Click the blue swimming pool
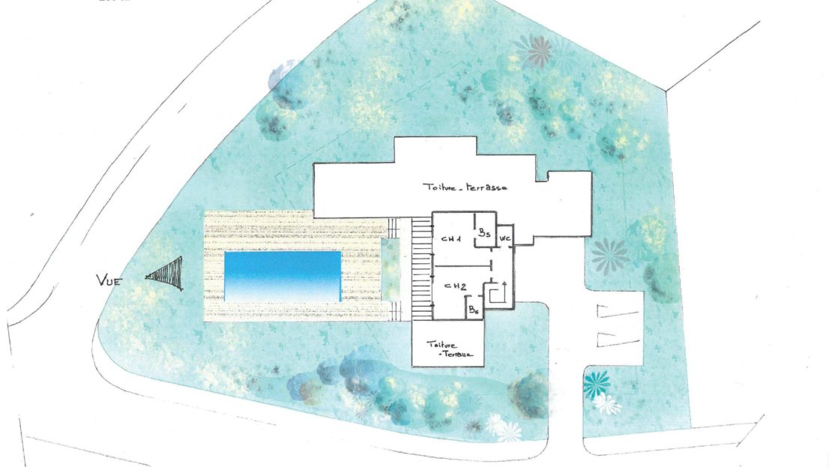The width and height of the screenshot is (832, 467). (x=282, y=277)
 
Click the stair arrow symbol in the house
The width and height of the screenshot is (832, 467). (x=498, y=293)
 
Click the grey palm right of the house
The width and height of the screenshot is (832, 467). (x=609, y=256)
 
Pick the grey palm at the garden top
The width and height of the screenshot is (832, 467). (x=537, y=51)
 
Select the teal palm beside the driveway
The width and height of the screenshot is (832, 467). (x=597, y=384)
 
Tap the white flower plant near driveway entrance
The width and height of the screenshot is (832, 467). (x=606, y=405)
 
